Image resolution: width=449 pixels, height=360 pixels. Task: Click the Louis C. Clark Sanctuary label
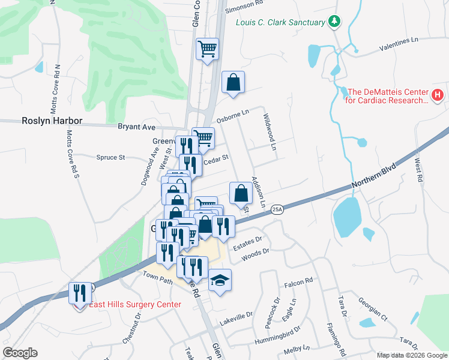coord(280,23)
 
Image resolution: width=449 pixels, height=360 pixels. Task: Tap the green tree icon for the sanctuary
coord(334,22)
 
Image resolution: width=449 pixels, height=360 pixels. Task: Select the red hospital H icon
coord(437,95)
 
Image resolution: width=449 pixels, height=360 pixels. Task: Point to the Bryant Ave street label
coord(136,127)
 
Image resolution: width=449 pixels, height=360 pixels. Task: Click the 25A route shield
coord(276,209)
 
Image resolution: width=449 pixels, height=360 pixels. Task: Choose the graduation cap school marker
coord(220,280)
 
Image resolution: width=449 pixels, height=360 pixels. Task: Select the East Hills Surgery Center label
coord(134,304)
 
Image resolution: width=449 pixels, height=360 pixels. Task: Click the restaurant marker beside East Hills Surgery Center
coord(80,293)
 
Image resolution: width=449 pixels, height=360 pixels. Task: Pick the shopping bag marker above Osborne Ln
coord(233,83)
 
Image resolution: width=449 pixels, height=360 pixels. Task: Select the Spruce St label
coord(110,158)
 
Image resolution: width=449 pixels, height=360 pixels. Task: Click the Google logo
coord(20,353)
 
